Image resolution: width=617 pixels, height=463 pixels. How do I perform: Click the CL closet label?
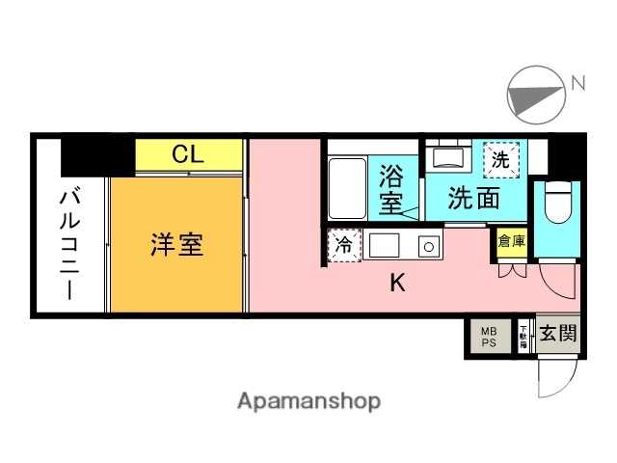[x=187, y=154]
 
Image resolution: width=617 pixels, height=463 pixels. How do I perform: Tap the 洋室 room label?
[x=176, y=244]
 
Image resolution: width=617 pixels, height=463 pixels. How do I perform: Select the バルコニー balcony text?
[x=70, y=244]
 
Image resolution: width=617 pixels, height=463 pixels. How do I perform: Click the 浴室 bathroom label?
[x=391, y=190]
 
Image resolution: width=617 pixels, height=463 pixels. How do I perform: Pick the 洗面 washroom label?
[x=474, y=199]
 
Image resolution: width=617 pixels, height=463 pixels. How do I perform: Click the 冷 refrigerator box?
[x=343, y=247]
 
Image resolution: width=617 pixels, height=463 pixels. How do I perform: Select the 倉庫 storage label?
[x=511, y=242]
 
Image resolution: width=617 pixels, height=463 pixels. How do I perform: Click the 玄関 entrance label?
[x=557, y=335]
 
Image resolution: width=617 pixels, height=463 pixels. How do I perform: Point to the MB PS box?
[x=489, y=336]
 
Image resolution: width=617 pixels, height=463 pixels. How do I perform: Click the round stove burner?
[x=424, y=247]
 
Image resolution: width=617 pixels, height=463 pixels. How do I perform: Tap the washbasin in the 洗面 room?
[x=448, y=155]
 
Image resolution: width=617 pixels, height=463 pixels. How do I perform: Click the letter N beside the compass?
[x=578, y=84]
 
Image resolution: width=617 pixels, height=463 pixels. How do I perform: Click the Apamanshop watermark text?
[x=308, y=400]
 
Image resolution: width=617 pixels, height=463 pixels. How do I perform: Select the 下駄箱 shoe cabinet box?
[x=523, y=336]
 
